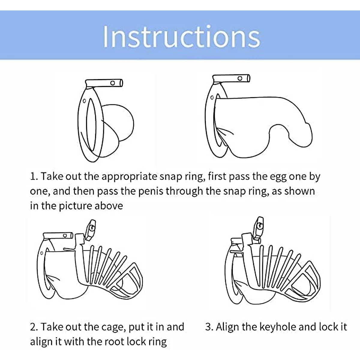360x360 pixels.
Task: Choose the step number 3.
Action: [x=209, y=327]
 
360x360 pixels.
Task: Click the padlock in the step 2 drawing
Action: [x=90, y=230]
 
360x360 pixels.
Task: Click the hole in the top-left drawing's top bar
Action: [x=112, y=83]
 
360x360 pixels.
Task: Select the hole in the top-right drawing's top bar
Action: [x=240, y=79]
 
